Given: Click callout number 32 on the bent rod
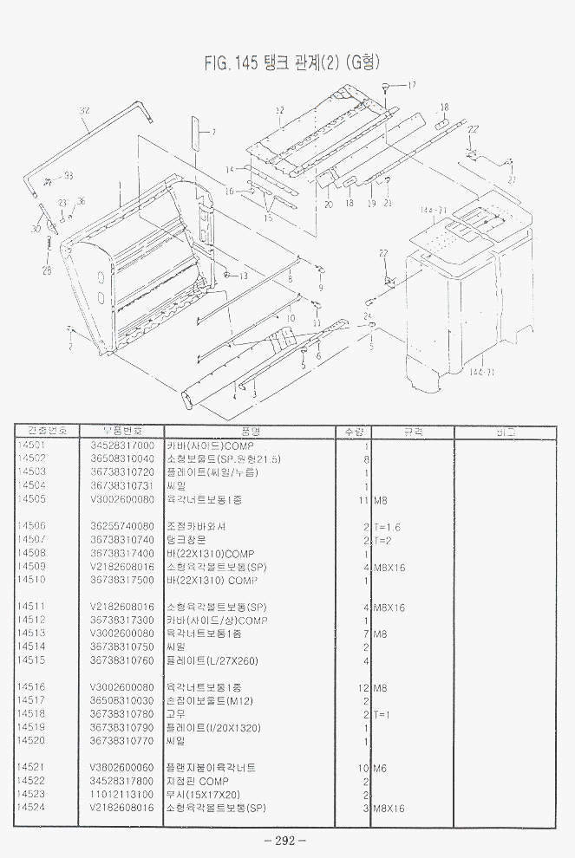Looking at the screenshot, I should [84, 110].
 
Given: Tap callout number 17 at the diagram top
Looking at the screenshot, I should [411, 84].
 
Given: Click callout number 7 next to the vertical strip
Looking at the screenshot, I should [213, 133].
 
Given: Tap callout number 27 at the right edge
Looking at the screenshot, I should [512, 180].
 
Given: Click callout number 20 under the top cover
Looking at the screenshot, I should [329, 205].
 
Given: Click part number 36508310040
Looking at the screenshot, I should [122, 458].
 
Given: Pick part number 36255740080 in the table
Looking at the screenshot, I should [122, 526].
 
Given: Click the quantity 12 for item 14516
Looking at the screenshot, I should [364, 687].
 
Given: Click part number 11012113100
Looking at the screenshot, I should [122, 794].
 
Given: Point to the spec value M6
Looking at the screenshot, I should [382, 768].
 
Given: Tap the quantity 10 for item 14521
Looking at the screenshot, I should [364, 768].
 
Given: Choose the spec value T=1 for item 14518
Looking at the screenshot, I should [382, 714].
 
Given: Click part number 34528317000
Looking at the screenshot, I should [122, 445].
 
